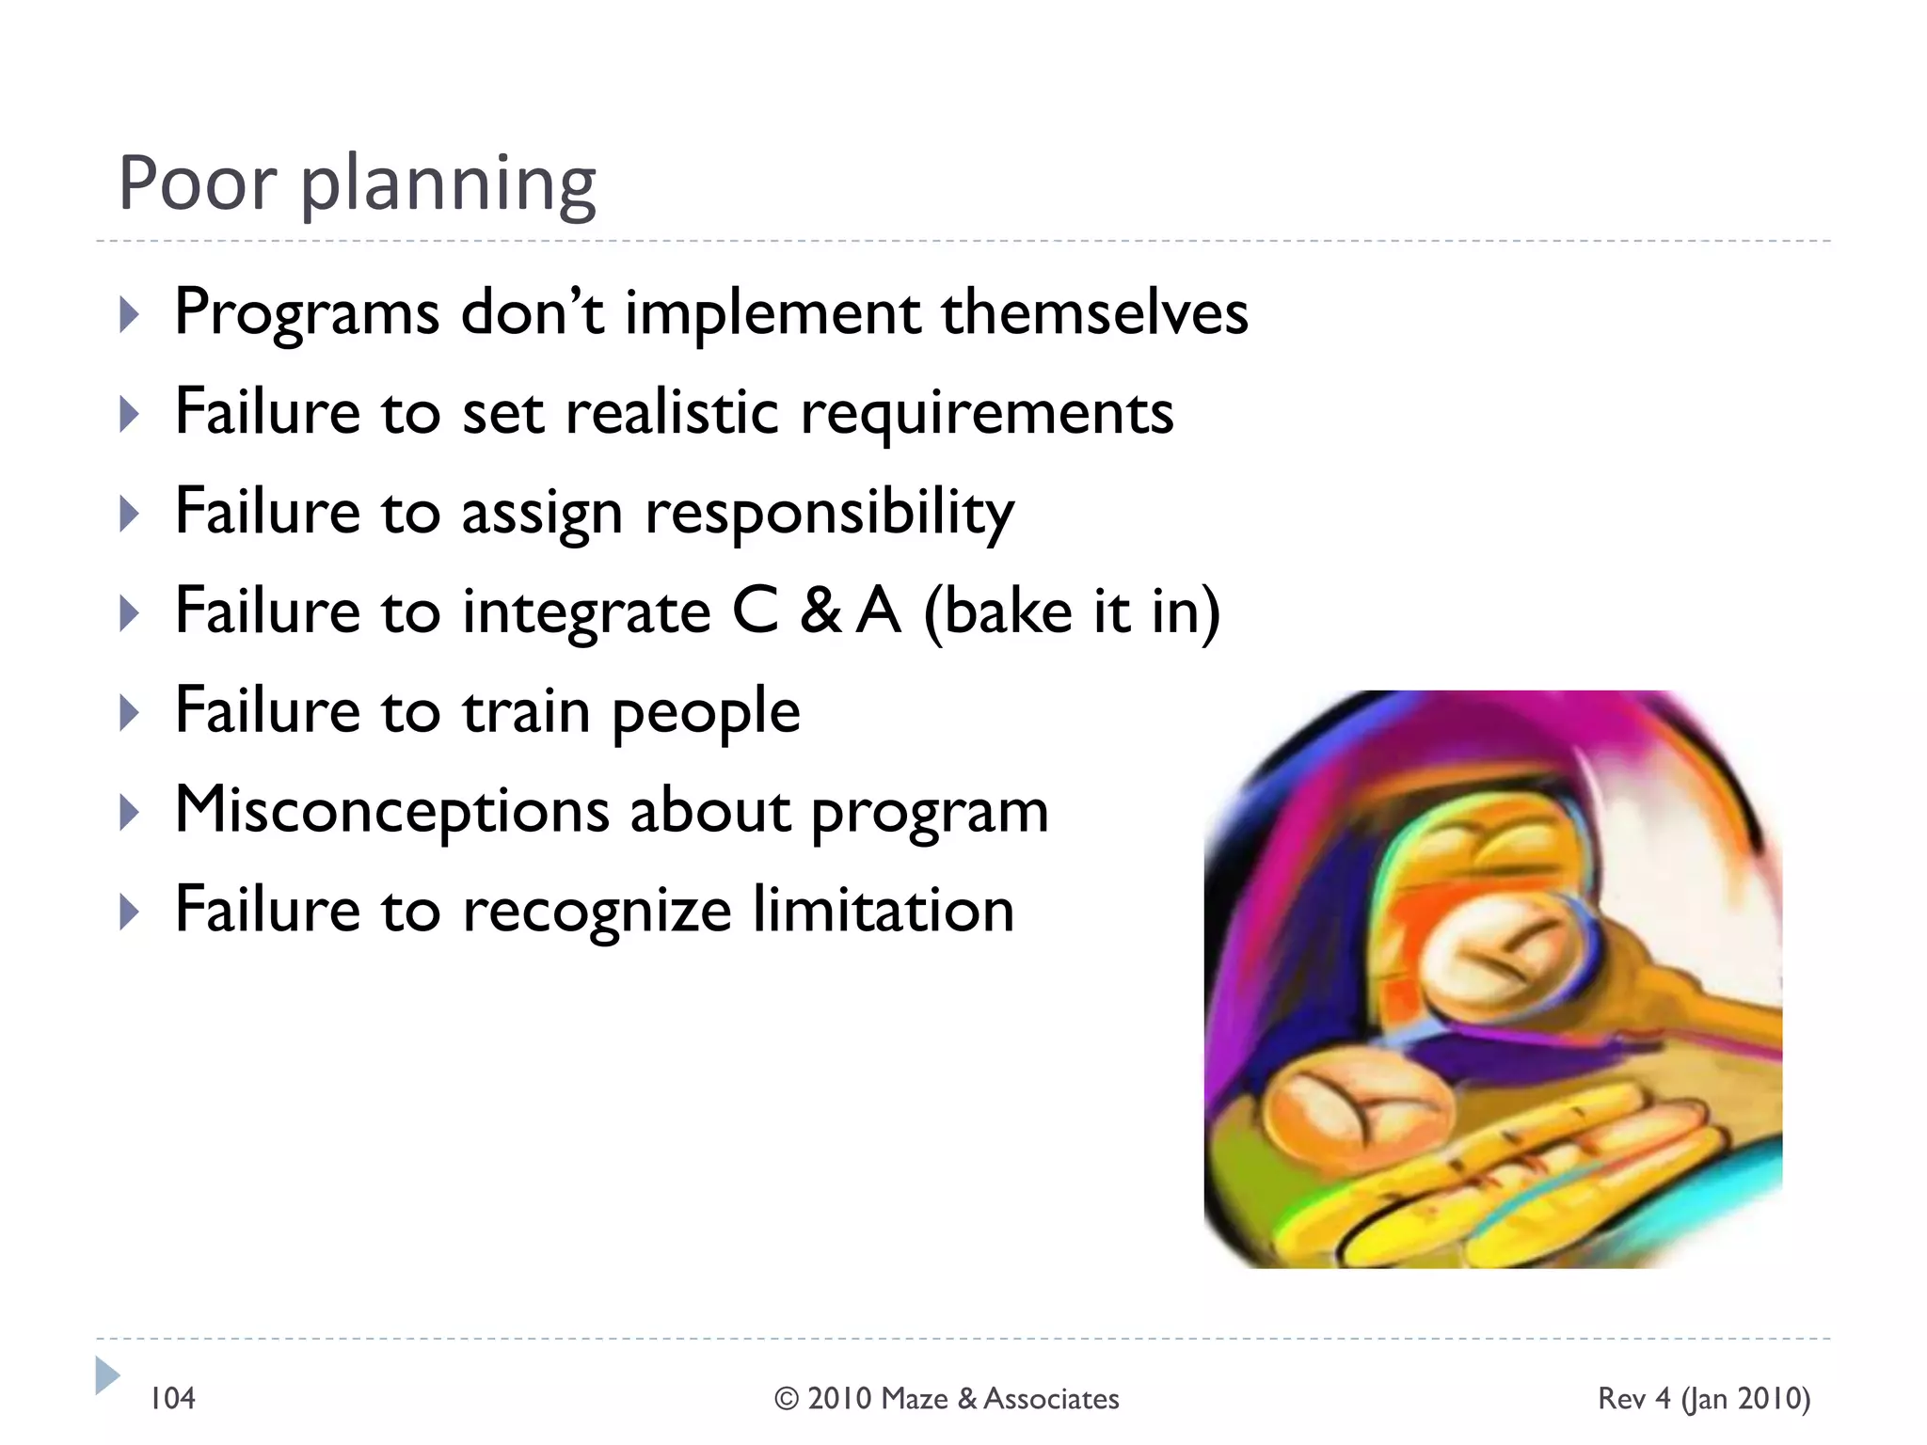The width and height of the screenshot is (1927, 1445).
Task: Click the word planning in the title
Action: (448, 184)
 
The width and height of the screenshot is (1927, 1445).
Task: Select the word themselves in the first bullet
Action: (1094, 312)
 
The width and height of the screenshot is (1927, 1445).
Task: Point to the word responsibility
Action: (829, 514)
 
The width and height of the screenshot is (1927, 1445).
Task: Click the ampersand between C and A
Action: (820, 611)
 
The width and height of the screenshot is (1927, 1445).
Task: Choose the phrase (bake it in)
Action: (1072, 613)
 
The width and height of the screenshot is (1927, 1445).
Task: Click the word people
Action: (706, 713)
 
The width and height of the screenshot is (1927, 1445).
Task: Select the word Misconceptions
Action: (391, 811)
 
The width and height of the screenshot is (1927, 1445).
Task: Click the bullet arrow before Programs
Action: (130, 314)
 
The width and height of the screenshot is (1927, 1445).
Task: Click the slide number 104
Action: (173, 1399)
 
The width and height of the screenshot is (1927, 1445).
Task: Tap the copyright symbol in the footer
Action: (787, 1399)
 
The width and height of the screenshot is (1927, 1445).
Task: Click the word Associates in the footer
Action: (1051, 1399)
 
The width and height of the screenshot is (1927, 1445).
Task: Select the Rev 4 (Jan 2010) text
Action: (1703, 1399)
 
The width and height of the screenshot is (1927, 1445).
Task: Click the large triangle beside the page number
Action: (107, 1375)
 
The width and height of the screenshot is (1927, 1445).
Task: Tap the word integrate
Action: (586, 613)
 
